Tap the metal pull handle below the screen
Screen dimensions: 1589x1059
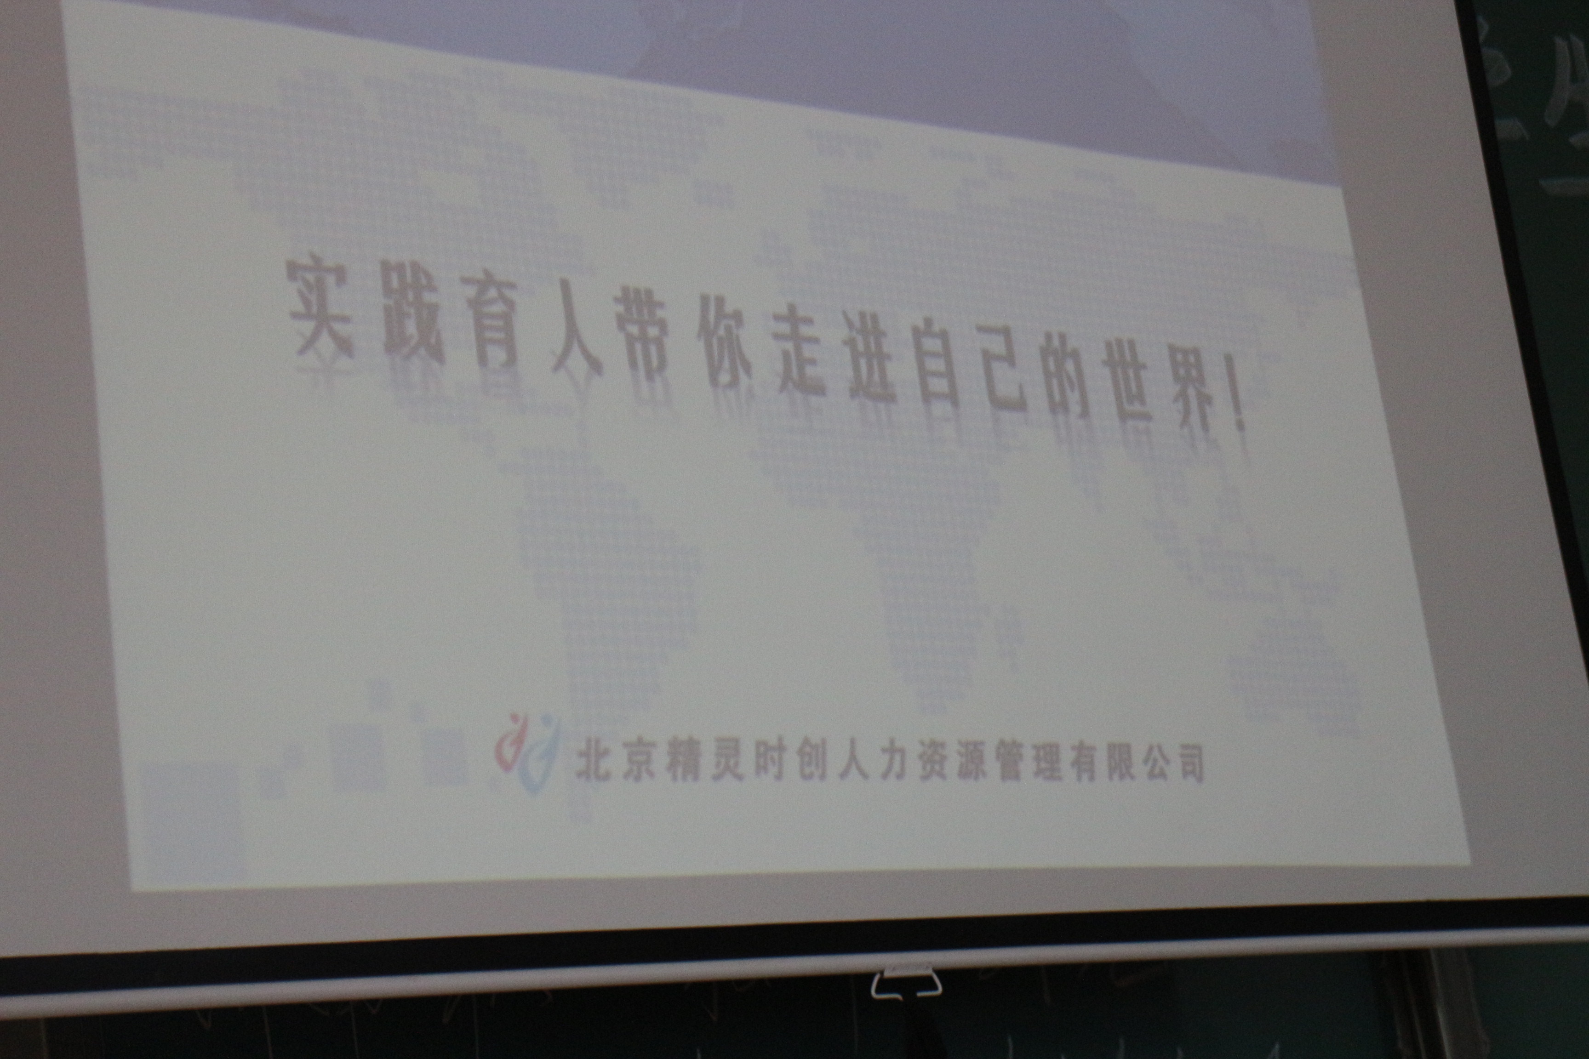click(905, 983)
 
